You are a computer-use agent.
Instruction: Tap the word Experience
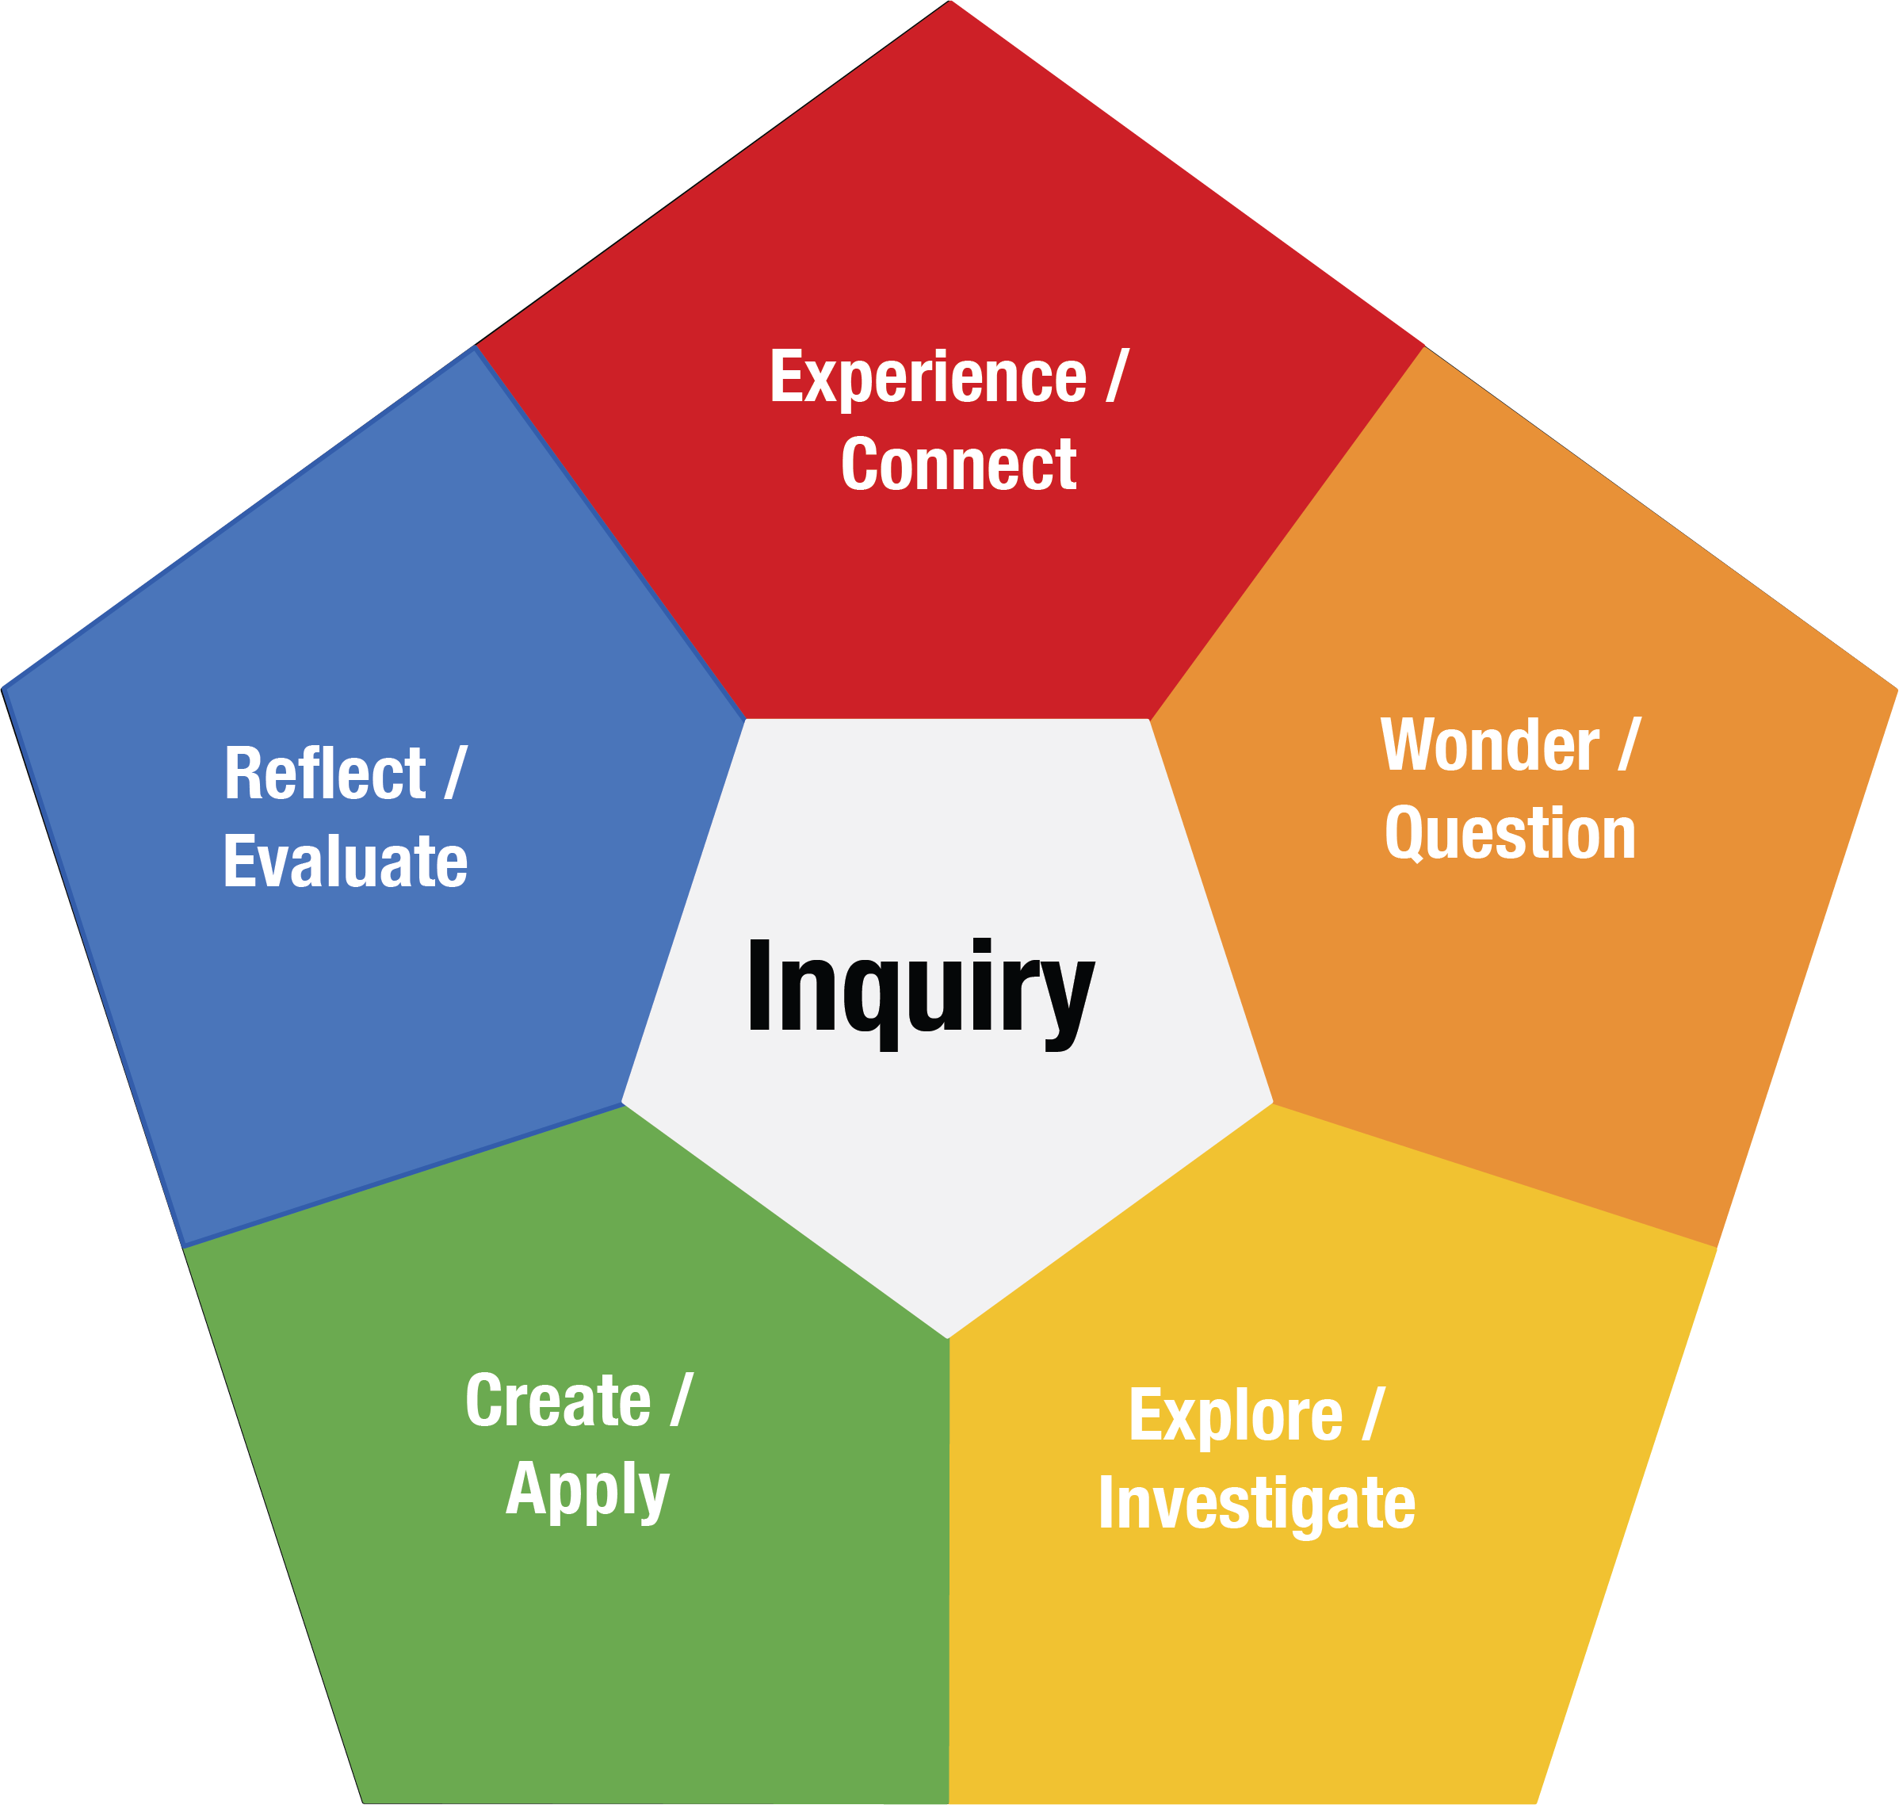pos(927,377)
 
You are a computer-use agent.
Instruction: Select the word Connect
pos(958,465)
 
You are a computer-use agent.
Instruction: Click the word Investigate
pos(1256,1503)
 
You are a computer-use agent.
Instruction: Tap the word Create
pos(558,1401)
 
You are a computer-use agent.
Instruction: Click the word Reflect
pos(325,774)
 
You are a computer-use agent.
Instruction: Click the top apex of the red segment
pos(950,4)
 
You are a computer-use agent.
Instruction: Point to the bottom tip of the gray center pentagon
pos(948,1337)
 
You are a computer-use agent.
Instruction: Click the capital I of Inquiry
pos(760,985)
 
